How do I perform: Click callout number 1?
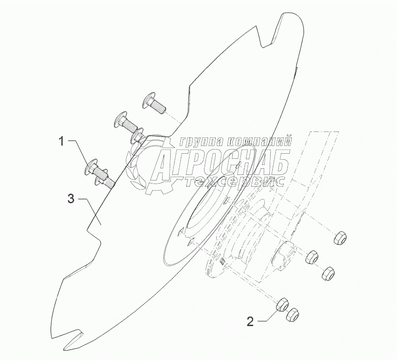click(62, 142)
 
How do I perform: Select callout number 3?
click(72, 199)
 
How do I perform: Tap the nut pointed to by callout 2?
click(282, 304)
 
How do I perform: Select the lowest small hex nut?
click(291, 316)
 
